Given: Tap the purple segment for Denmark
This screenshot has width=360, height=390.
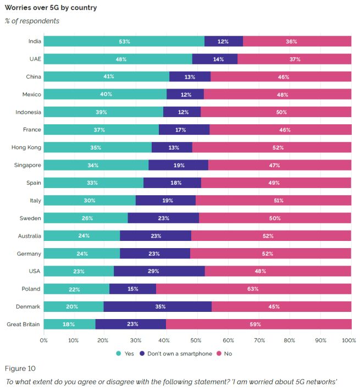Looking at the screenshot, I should click(x=157, y=306).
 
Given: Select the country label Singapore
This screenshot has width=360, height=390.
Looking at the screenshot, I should click(x=26, y=165).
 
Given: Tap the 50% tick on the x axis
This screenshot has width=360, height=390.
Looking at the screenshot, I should click(x=197, y=340).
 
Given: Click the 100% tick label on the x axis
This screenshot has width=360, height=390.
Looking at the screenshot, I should click(x=348, y=340).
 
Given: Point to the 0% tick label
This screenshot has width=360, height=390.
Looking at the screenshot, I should click(x=44, y=340).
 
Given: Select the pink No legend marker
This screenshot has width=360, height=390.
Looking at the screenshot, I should click(x=219, y=353).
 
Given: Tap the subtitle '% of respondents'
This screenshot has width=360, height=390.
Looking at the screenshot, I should click(x=32, y=21).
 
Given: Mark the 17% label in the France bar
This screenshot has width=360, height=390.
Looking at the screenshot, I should click(x=181, y=130).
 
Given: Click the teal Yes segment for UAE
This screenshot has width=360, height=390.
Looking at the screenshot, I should click(x=118, y=59).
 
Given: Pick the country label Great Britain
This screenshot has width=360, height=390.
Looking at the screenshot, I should click(x=23, y=325).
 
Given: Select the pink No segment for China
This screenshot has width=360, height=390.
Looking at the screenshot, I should click(x=281, y=76).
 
